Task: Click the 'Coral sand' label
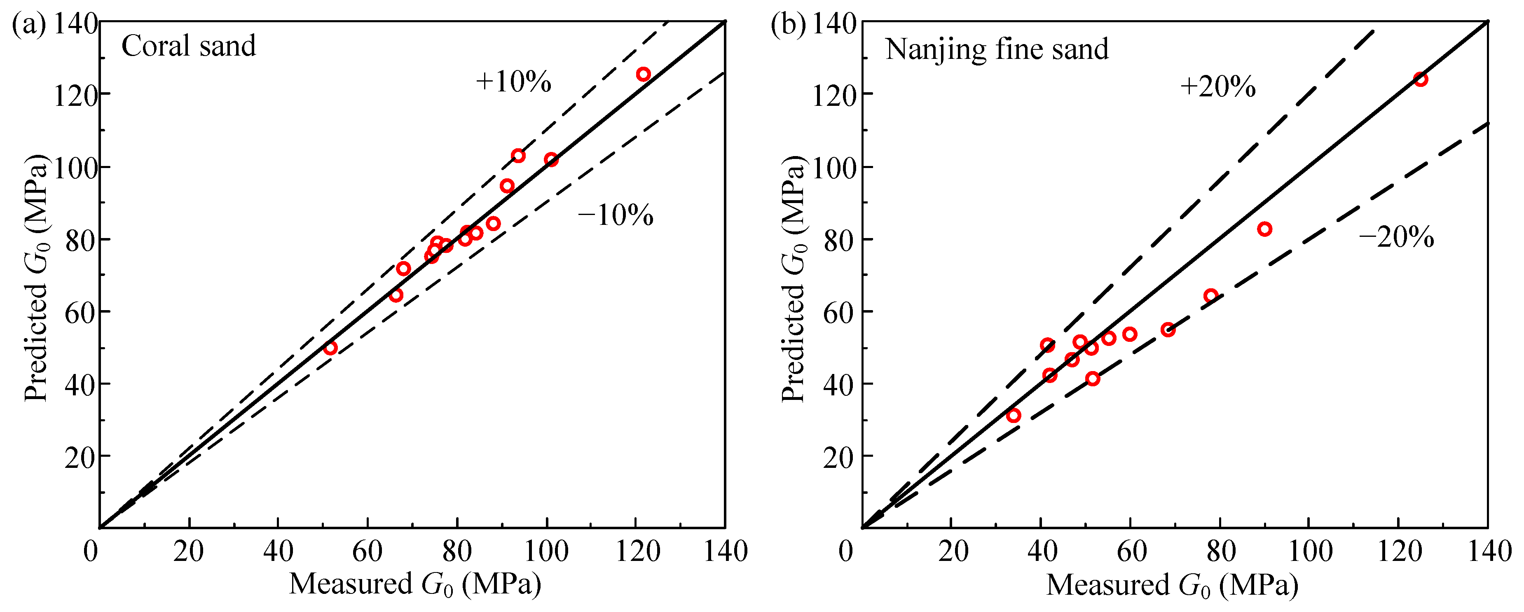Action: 188,46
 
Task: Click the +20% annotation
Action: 1217,87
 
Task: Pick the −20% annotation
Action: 1396,237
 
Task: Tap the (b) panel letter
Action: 787,25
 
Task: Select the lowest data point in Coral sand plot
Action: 330,348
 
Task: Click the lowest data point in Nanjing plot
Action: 1014,415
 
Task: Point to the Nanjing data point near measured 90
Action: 1264,229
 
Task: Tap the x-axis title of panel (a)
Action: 415,584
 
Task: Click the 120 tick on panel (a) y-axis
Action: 75,95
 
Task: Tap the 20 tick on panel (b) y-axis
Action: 838,456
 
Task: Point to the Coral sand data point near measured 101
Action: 551,160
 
